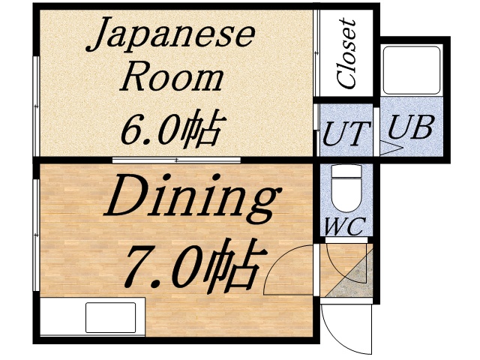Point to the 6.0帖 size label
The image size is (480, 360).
tap(171, 129)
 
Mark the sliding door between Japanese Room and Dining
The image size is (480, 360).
tap(176, 160)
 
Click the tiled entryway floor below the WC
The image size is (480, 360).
tap(346, 271)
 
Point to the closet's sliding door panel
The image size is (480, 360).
tap(317, 52)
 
